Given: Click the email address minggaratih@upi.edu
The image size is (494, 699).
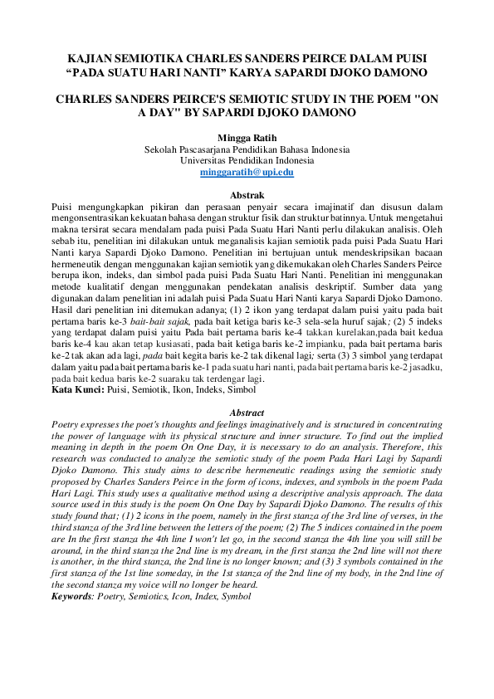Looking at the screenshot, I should tap(247, 172).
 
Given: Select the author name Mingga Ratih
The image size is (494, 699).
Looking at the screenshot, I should tap(247, 136).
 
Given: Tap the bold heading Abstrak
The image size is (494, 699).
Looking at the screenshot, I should tap(247, 193).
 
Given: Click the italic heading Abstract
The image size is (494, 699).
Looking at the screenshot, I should tap(247, 413).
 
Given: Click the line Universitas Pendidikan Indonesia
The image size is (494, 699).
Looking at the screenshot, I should tap(247, 160).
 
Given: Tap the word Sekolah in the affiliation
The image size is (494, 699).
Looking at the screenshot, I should tap(164, 149).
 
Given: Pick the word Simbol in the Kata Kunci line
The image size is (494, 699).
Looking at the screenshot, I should tap(242, 389).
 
